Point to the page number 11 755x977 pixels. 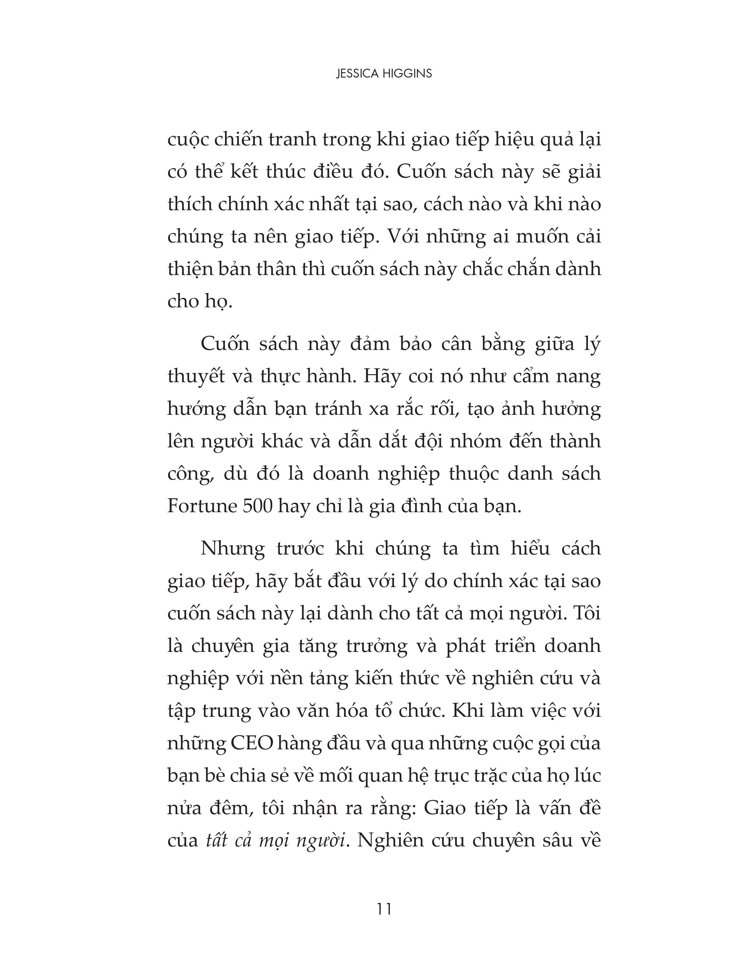click(x=384, y=909)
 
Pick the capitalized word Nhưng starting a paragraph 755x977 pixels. click(x=233, y=548)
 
